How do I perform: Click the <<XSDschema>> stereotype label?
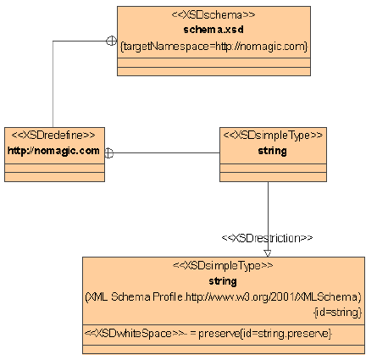click(x=213, y=14)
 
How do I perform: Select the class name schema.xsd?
click(x=213, y=30)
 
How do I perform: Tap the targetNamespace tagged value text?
click(x=213, y=47)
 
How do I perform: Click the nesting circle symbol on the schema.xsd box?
click(x=112, y=41)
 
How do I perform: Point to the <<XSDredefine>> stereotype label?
click(x=53, y=135)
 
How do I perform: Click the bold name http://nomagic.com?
click(x=53, y=151)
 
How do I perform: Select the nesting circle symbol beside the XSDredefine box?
click(x=109, y=153)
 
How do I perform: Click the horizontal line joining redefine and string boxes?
click(x=167, y=153)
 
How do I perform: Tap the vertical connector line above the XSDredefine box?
click(x=53, y=84)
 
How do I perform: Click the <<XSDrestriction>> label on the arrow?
click(x=267, y=238)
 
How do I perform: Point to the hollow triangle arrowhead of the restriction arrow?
click(x=268, y=253)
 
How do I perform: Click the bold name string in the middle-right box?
click(x=273, y=151)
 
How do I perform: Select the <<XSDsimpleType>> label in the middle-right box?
click(x=273, y=136)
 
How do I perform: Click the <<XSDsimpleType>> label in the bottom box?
click(x=223, y=265)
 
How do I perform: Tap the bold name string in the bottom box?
click(x=223, y=281)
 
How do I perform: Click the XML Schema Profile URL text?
click(x=223, y=297)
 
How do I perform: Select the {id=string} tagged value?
click(x=338, y=313)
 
